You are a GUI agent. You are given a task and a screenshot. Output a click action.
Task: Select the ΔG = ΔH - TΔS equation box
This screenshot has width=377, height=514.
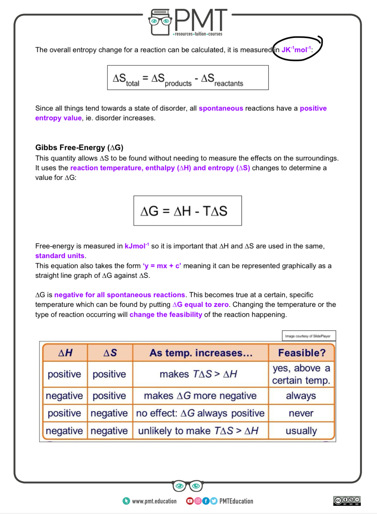[188, 211]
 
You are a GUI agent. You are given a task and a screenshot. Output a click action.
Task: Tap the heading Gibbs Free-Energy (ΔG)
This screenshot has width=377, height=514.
[79, 147]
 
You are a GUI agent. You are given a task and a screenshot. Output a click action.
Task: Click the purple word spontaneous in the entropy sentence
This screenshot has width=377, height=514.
[221, 108]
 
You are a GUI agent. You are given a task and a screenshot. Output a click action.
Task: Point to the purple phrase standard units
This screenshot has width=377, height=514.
[60, 256]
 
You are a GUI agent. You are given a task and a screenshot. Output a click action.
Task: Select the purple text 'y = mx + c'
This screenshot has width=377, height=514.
[162, 266]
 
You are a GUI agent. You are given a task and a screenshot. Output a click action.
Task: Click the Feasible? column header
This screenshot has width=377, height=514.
[302, 353]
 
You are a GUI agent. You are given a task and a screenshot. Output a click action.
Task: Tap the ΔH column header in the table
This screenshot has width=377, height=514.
[65, 353]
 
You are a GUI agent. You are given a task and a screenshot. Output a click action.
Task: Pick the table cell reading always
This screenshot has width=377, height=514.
[301, 396]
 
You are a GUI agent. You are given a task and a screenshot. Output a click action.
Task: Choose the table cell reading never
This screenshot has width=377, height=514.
[301, 413]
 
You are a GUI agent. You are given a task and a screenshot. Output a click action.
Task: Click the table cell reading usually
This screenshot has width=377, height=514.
[301, 431]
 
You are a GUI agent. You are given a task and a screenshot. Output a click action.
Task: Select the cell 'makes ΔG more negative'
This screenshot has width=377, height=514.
[200, 396]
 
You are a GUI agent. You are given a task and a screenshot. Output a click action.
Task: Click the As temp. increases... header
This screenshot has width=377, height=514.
[200, 353]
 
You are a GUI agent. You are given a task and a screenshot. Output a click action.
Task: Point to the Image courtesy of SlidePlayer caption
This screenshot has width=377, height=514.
[308, 336]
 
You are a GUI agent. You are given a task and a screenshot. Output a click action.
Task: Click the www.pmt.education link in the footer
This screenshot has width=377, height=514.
[154, 501]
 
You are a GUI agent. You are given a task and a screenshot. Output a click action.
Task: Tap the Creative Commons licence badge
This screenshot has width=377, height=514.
[347, 501]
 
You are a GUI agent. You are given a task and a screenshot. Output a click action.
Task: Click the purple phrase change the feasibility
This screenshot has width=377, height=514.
[166, 315]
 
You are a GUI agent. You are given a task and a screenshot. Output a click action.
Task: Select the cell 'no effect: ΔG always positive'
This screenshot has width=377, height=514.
[200, 413]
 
